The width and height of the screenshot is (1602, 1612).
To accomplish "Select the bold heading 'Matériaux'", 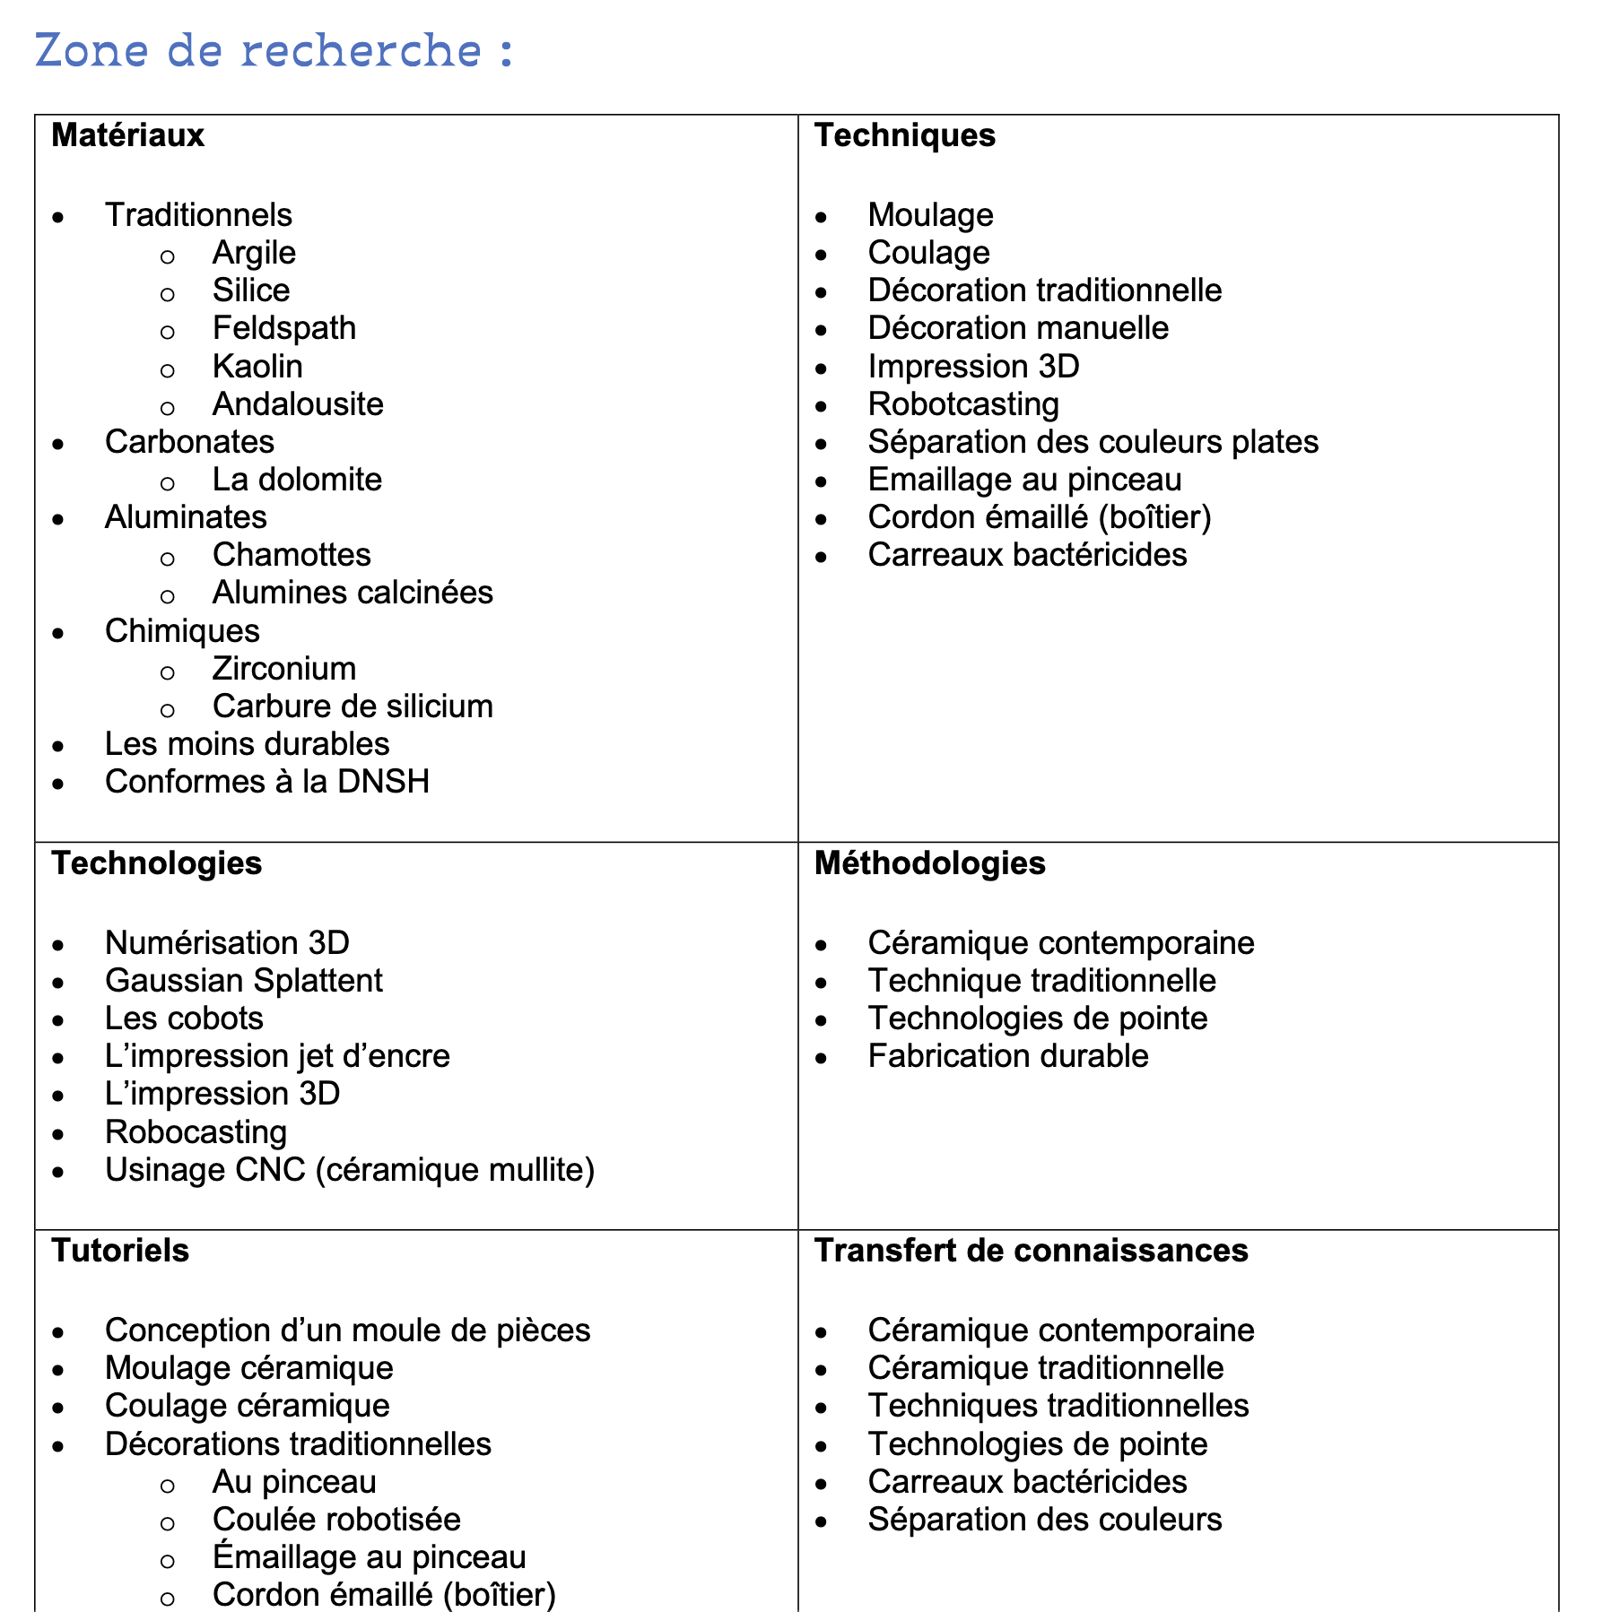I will pos(127,135).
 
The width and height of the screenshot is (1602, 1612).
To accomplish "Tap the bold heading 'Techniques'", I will pos(904,135).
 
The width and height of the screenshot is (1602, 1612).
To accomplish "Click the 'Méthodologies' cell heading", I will pos(929,863).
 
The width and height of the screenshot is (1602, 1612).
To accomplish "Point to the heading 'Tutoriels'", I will pos(120,1251).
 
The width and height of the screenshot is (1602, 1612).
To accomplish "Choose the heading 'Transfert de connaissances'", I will pos(1031,1251).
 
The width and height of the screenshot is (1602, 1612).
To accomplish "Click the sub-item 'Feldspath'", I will pos(283,328).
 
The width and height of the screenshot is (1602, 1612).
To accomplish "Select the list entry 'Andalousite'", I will pos(298,404).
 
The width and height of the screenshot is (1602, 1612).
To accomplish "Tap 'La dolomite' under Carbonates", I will pos(297,480).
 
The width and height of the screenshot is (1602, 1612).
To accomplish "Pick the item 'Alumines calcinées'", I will pos(353,593).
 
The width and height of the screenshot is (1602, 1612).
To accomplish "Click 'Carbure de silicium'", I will pos(353,706).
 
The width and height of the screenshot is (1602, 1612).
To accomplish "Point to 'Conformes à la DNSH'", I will pos(266,782).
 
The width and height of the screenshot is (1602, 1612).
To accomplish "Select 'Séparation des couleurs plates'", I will pos(1093,442).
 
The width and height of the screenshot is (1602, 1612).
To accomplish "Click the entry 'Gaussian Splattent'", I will pos(243,981).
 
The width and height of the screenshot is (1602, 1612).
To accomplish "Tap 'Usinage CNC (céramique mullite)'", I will pos(349,1170).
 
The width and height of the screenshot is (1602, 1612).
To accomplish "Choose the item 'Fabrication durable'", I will pos(1007,1056).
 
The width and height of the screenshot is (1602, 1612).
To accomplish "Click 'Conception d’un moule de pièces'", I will pos(347,1330).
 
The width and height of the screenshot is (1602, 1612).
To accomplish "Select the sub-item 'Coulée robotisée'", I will pos(336,1520).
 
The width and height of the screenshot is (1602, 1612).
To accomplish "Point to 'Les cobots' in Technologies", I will pos(184,1018).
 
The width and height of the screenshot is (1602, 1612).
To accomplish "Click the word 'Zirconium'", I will pos(283,669).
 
